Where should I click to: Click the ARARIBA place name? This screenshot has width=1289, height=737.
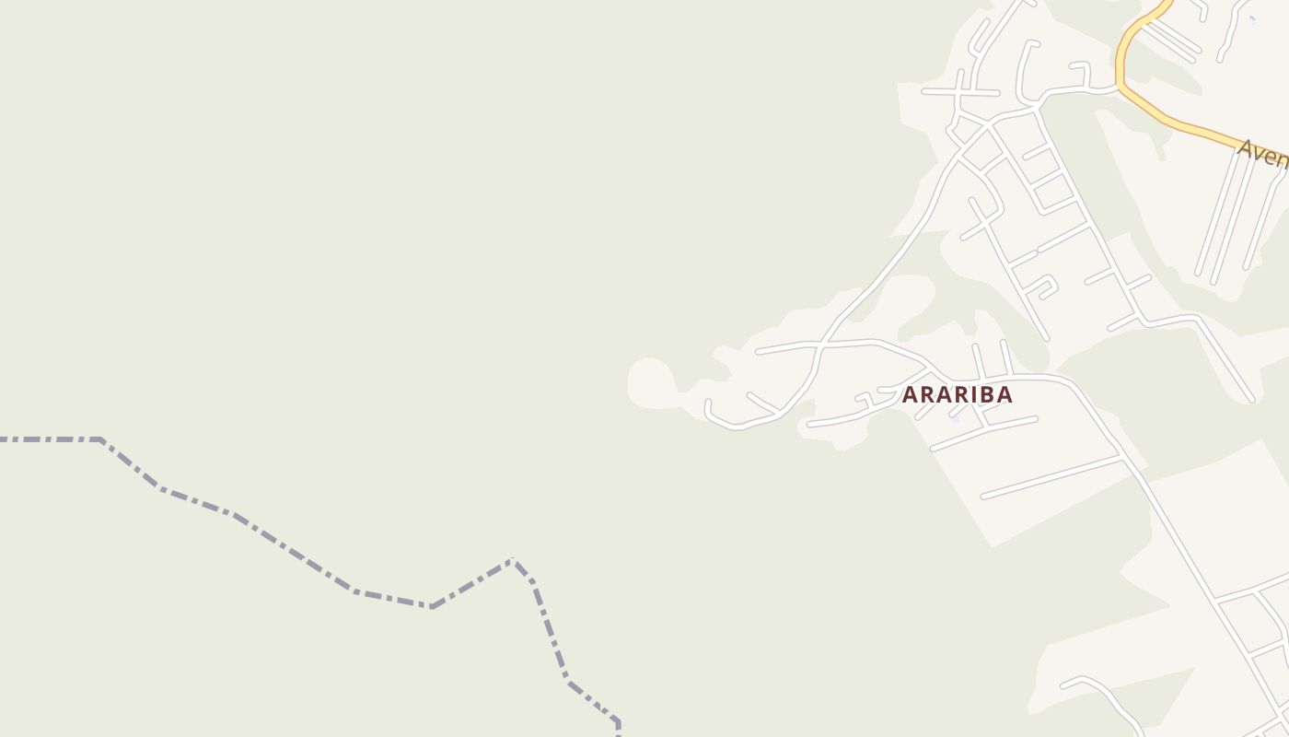click(x=957, y=394)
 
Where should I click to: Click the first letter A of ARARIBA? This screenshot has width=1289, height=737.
click(x=910, y=394)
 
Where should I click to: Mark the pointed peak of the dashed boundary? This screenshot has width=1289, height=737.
click(x=513, y=560)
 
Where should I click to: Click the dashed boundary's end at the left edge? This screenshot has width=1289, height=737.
click(x=3, y=439)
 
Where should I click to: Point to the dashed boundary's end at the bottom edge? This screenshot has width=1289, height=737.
click(x=618, y=733)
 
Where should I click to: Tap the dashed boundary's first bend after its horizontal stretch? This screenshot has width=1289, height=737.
click(x=100, y=440)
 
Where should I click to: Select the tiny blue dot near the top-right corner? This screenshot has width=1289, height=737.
click(x=1252, y=18)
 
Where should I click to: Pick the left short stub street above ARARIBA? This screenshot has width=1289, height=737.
click(x=979, y=360)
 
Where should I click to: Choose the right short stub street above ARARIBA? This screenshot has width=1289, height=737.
click(x=1006, y=357)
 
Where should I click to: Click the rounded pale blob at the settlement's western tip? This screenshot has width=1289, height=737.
click(x=650, y=380)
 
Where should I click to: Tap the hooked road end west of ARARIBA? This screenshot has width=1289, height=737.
click(x=709, y=408)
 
